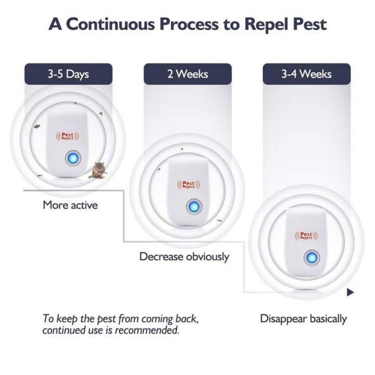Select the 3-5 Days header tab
[68, 73]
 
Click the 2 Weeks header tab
[187, 73]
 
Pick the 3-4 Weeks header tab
[306, 73]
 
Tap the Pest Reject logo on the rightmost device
[304, 235]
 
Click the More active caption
[70, 205]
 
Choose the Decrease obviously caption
[184, 256]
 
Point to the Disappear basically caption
[304, 319]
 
